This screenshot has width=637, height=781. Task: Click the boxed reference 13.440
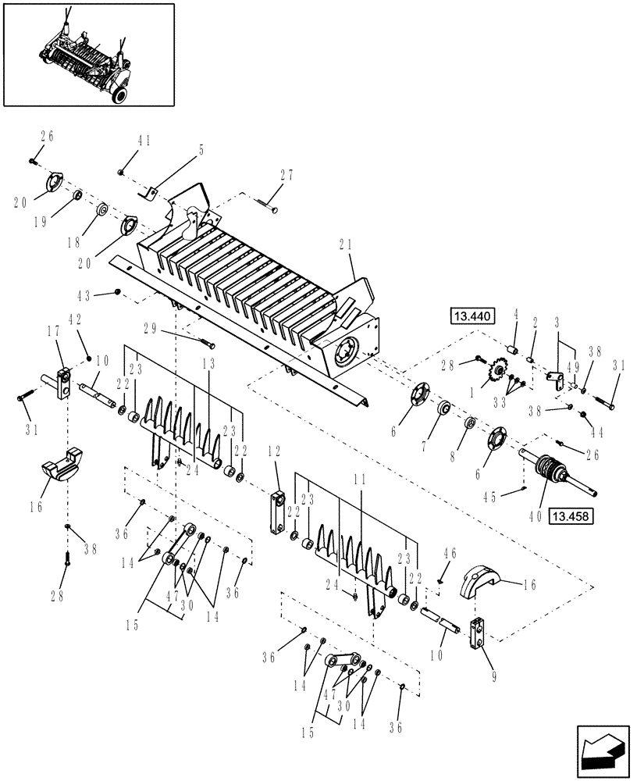click(x=472, y=316)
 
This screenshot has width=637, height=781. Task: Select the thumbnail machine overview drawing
click(x=88, y=54)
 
